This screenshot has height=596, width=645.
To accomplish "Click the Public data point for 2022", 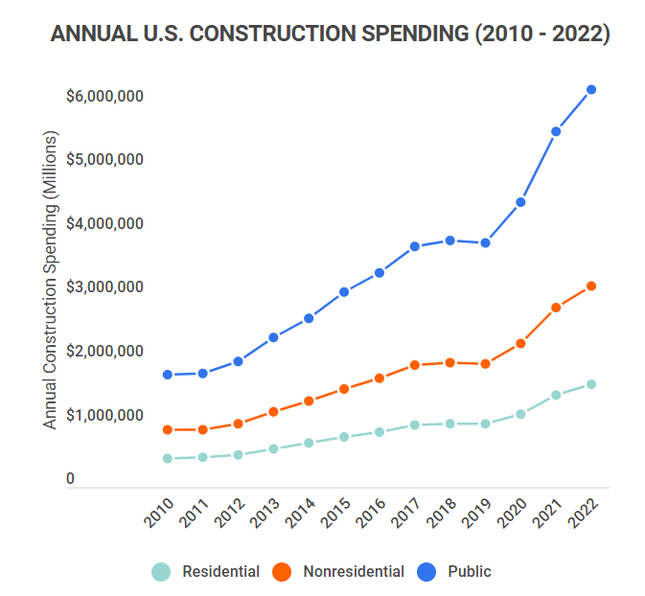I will point(591,90).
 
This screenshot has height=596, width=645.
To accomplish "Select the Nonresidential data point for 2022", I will point(591,287).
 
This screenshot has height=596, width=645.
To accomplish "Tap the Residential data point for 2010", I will point(168,459).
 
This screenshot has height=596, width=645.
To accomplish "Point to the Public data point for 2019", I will point(485,243).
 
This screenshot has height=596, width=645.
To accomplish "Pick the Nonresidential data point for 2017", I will point(415,365).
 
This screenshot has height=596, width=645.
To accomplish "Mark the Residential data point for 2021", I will point(556,395).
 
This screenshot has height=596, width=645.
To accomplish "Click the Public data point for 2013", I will point(273,337).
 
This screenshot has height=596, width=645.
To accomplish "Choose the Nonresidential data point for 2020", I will point(520,343).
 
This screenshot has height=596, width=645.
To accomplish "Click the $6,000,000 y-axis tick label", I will point(104,96).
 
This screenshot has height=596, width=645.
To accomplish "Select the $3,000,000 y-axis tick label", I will point(104,287).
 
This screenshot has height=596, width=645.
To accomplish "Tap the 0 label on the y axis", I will point(70,479).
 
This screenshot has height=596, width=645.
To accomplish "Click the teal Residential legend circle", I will point(162,572).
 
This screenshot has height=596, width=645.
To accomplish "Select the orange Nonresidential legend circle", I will point(282,572).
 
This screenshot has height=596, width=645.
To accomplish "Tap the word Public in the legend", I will point(469,572).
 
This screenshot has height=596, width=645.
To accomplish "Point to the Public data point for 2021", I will point(556,131).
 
